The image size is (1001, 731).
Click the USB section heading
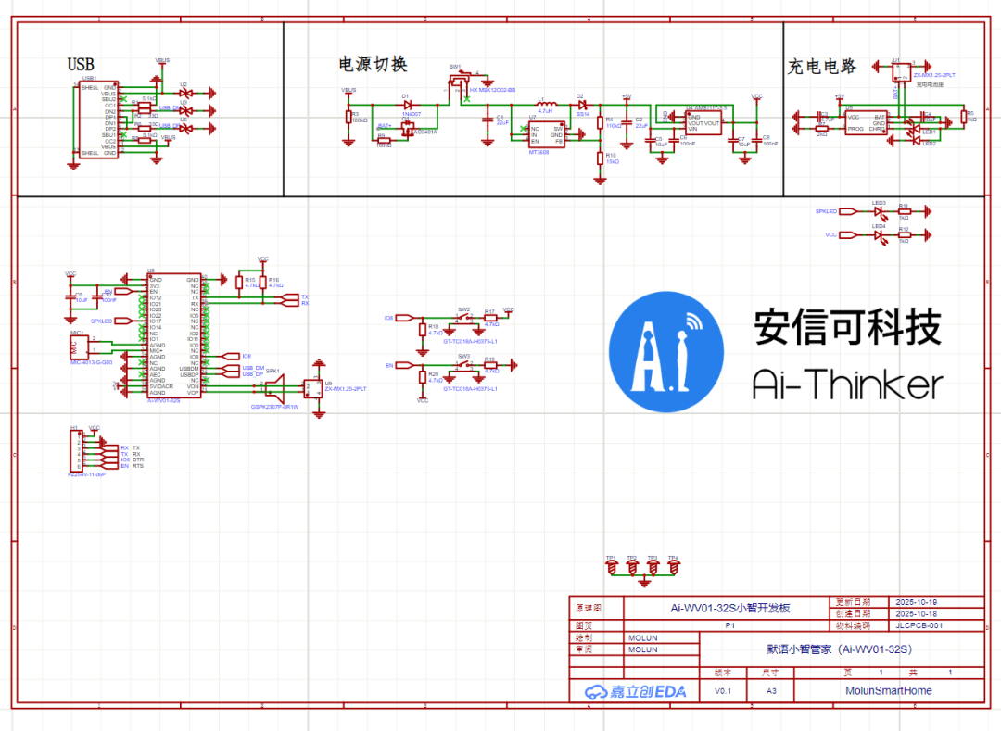pyautogui.click(x=81, y=64)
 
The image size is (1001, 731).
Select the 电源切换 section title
pyautogui.click(x=373, y=64)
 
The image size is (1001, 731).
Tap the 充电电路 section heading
pyautogui.click(x=821, y=67)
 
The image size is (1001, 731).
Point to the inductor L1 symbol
pyautogui.click(x=546, y=103)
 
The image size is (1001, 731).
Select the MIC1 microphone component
pyautogui.click(x=79, y=347)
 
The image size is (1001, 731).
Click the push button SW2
pyautogui.click(x=464, y=318)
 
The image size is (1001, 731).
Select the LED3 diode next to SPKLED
pyautogui.click(x=880, y=211)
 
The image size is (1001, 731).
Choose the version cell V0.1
pyautogui.click(x=723, y=691)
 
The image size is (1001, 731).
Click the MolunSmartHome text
pyautogui.click(x=888, y=691)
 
